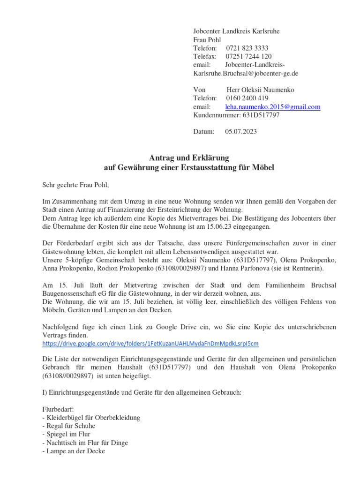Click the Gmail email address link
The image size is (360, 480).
(273, 107)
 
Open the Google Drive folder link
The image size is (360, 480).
(150, 344)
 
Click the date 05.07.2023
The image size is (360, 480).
(241, 132)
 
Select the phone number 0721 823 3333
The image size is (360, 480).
(247, 48)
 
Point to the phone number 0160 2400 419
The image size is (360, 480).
(247, 98)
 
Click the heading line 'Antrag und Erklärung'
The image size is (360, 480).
(188, 158)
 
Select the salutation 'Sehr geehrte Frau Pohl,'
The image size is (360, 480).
(75, 185)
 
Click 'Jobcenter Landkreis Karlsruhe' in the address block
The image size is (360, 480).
(236, 31)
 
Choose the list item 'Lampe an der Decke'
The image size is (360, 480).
(74, 451)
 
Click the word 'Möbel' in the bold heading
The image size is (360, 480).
(262, 167)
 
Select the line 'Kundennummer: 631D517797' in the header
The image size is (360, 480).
(236, 115)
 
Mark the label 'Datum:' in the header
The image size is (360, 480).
(203, 132)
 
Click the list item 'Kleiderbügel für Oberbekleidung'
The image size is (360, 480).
(91, 417)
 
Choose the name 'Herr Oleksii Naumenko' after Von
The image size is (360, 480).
(260, 90)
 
